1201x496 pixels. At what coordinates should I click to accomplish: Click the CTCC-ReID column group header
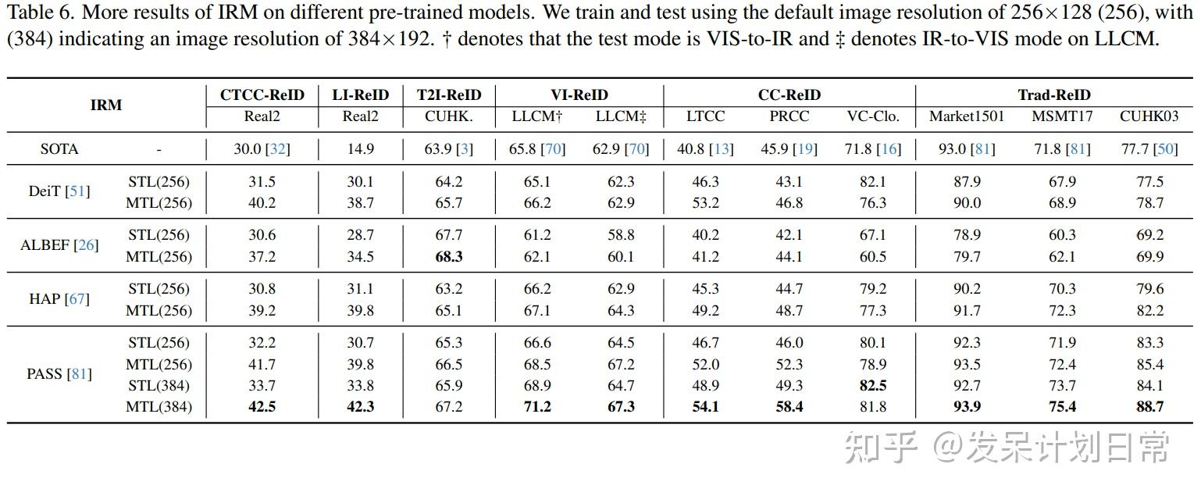click(x=262, y=95)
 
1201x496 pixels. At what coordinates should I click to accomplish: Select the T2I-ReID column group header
click(x=448, y=95)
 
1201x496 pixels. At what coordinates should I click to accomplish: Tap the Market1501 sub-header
click(x=966, y=116)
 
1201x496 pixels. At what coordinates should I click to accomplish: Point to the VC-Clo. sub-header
click(x=873, y=116)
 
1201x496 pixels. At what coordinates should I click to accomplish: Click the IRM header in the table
click(x=106, y=105)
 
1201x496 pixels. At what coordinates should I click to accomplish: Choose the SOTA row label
click(x=59, y=148)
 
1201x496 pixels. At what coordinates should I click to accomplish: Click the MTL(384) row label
click(x=159, y=406)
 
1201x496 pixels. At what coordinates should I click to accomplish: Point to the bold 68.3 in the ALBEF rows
click(x=448, y=256)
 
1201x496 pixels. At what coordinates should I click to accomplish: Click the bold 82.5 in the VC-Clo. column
click(x=873, y=385)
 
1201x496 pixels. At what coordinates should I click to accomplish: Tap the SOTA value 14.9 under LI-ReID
click(x=361, y=148)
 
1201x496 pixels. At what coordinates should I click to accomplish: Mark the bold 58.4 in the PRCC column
click(x=789, y=406)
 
